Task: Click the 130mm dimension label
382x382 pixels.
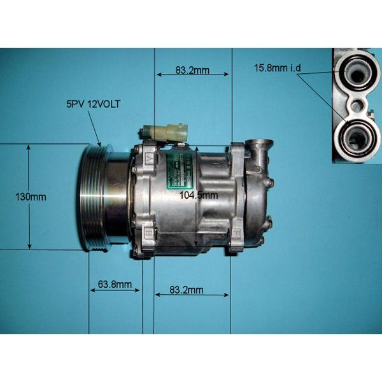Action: [x=31, y=197]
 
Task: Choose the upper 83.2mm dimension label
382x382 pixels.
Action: [x=192, y=71]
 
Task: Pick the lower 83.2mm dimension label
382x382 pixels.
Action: [x=187, y=290]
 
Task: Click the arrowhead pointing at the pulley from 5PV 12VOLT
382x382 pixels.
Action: [x=99, y=143]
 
